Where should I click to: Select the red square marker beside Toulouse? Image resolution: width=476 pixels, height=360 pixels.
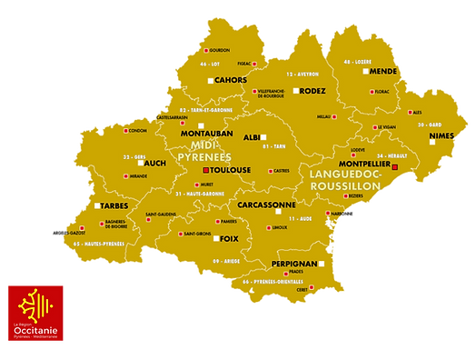[x=206, y=170]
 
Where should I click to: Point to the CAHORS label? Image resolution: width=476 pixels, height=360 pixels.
[x=231, y=81]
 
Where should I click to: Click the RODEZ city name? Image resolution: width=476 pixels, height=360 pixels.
[x=312, y=91]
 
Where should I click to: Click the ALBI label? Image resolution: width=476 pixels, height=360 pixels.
[x=252, y=137]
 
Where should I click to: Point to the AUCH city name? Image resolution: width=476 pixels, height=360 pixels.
[x=154, y=164]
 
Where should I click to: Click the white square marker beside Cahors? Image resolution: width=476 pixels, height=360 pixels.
[x=211, y=81]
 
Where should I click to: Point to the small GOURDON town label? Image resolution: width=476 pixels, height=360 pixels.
[x=220, y=50]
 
